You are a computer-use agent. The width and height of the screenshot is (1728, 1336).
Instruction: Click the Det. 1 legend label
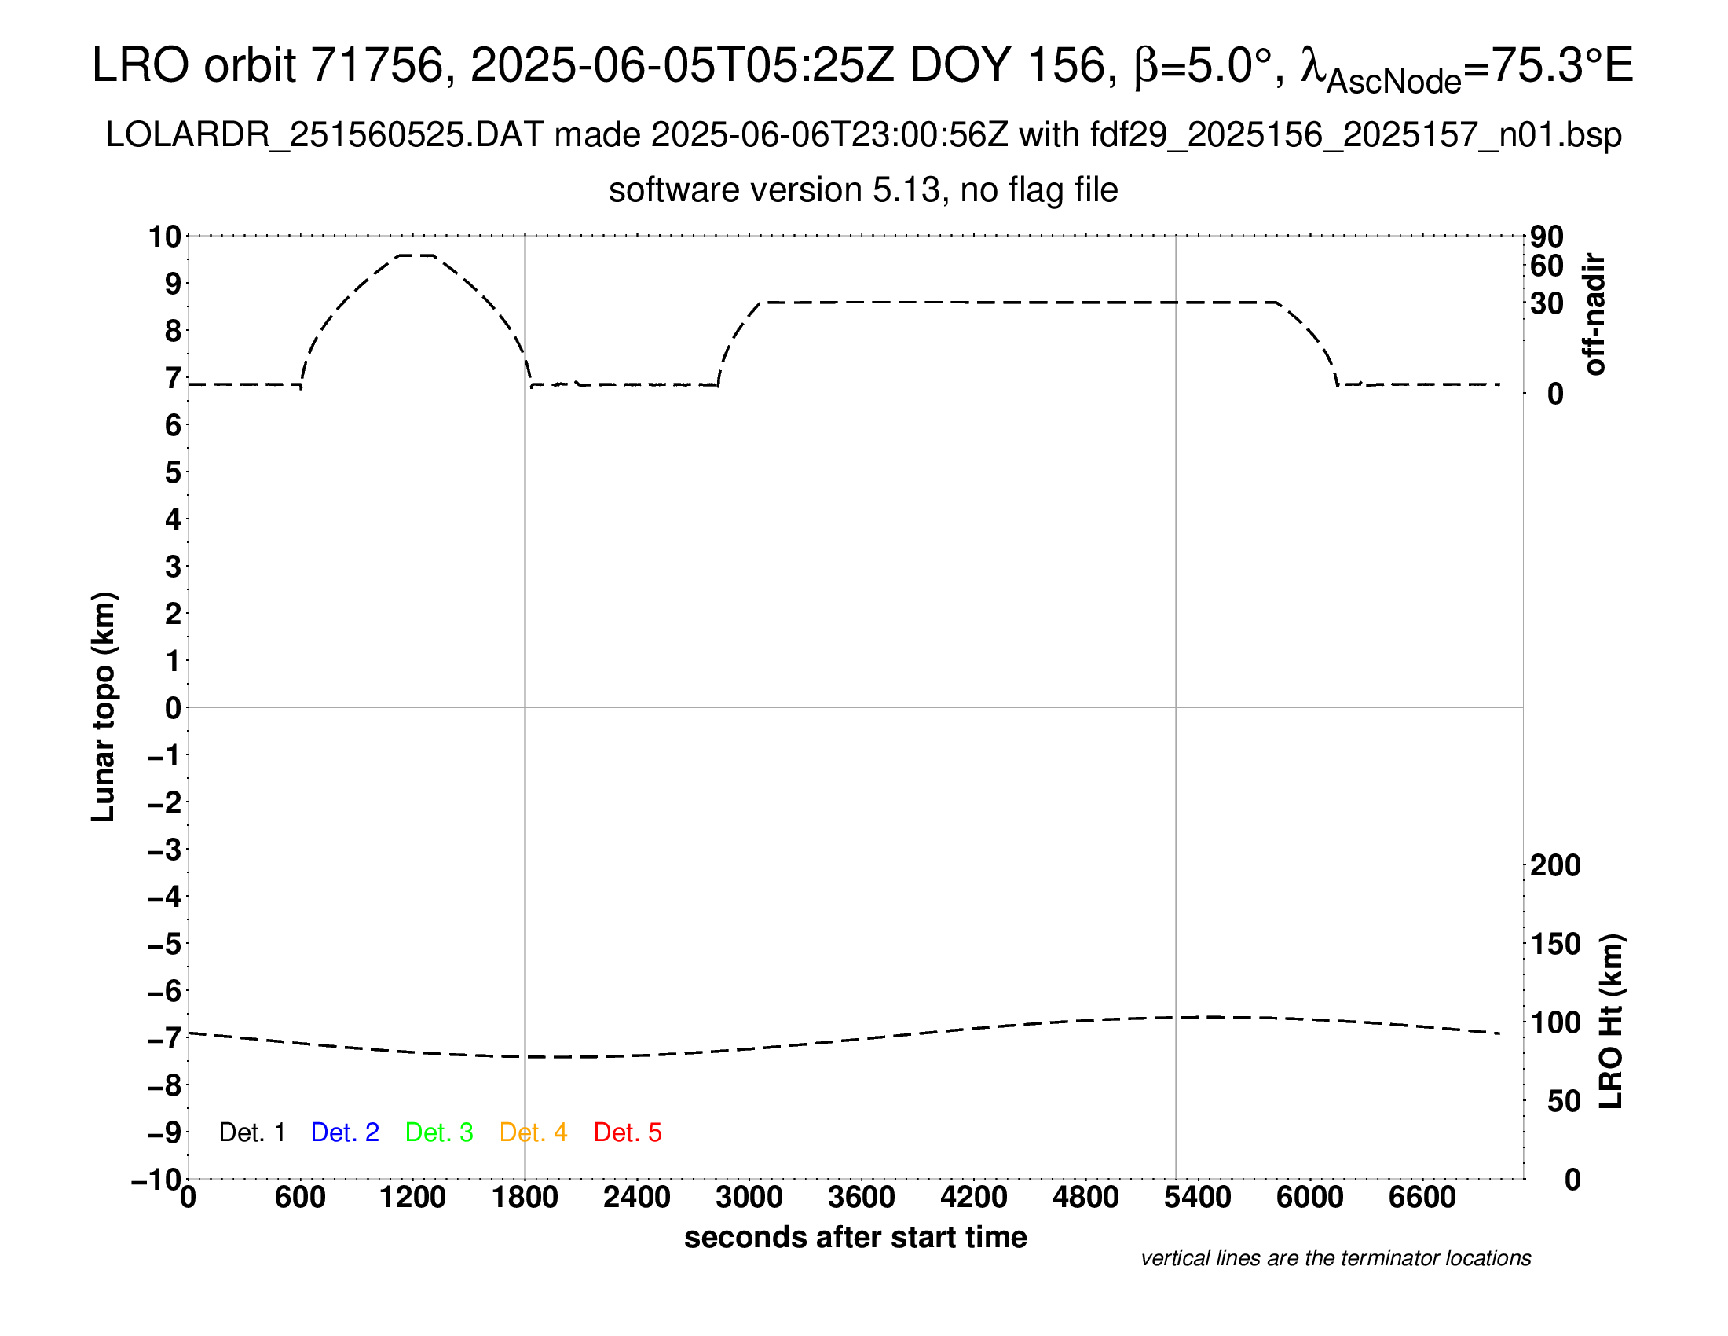tap(251, 1132)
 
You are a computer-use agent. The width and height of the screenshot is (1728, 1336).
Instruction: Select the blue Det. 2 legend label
tap(345, 1132)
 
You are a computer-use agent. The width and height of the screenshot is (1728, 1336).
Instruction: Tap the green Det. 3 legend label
tap(439, 1132)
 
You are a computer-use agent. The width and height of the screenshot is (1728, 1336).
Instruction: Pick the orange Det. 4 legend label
tap(533, 1132)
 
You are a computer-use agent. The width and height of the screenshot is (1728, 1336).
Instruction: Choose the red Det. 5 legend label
tap(628, 1132)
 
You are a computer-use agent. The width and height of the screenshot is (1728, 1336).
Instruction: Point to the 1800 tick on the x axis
tap(525, 1197)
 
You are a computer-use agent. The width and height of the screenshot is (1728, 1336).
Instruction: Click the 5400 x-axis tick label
tap(1197, 1197)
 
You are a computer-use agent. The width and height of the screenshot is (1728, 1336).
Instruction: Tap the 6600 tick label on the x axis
tap(1422, 1197)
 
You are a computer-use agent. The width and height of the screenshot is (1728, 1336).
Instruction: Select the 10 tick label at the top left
tap(166, 236)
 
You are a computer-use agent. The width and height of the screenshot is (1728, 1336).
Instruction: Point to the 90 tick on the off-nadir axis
tap(1547, 237)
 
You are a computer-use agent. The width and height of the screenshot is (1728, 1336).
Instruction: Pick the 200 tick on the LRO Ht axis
tap(1554, 865)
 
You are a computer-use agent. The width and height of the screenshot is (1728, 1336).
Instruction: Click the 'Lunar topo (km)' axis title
tap(104, 707)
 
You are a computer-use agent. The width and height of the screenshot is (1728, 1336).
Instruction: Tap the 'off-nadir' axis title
tap(1594, 314)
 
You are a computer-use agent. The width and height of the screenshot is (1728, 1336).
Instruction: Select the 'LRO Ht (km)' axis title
tap(1611, 1021)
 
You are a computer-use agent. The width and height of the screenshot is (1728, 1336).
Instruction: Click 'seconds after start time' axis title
tap(855, 1237)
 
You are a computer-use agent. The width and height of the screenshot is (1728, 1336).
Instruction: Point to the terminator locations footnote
tap(1335, 1258)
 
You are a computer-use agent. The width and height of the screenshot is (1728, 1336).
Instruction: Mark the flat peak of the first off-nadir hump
tap(416, 255)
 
